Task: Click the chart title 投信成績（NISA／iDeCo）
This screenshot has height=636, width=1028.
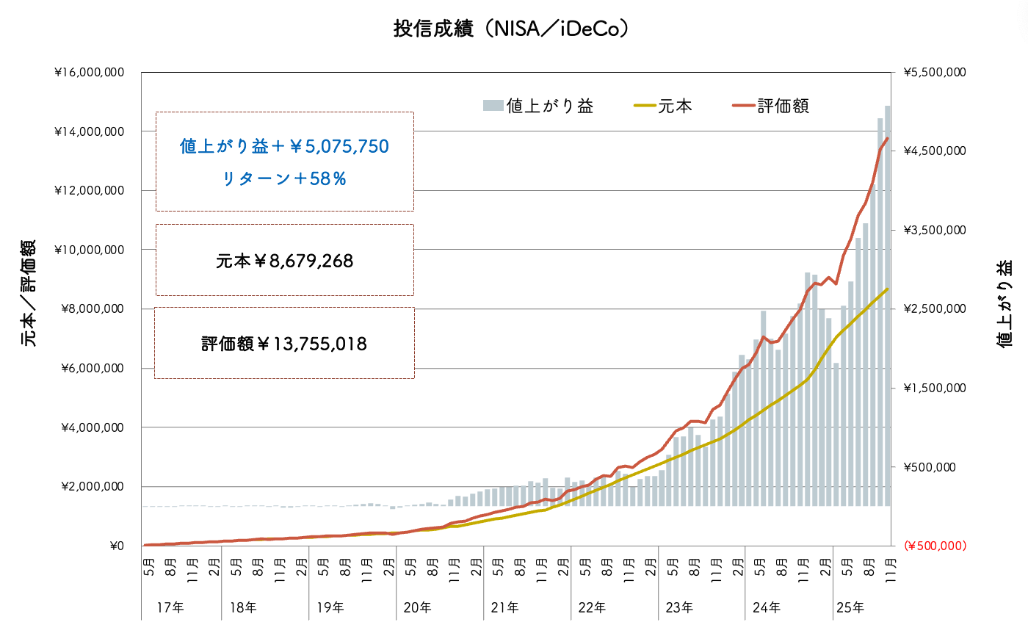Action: click(x=513, y=29)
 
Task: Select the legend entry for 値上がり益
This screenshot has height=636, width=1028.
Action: click(x=538, y=106)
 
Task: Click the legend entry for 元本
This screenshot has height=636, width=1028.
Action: click(x=662, y=106)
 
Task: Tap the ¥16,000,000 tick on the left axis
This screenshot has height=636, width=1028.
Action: click(x=88, y=73)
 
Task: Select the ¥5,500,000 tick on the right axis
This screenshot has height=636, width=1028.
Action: click(x=935, y=73)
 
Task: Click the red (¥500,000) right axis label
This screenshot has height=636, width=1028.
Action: click(x=935, y=546)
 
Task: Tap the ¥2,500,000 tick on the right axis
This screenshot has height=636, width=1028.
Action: click(x=935, y=309)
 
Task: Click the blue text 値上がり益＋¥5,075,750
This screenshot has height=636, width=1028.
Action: click(x=284, y=147)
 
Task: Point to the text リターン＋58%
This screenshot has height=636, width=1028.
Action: click(x=284, y=178)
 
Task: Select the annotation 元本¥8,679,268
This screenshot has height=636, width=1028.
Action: click(x=284, y=261)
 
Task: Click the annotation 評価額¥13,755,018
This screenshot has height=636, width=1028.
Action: click(x=284, y=343)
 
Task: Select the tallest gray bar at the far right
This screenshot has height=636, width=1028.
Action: click(x=887, y=308)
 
